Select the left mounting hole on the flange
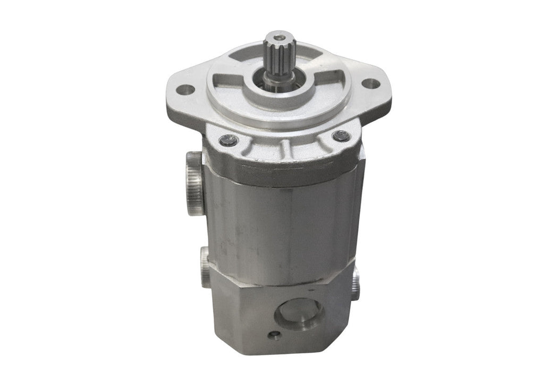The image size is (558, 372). [x=184, y=89]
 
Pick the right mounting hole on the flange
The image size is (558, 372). [x=374, y=83]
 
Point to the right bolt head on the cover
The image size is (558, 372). [x=341, y=136]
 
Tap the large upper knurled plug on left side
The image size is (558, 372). [x=193, y=182]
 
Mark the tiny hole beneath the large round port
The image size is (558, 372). [x=274, y=335]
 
